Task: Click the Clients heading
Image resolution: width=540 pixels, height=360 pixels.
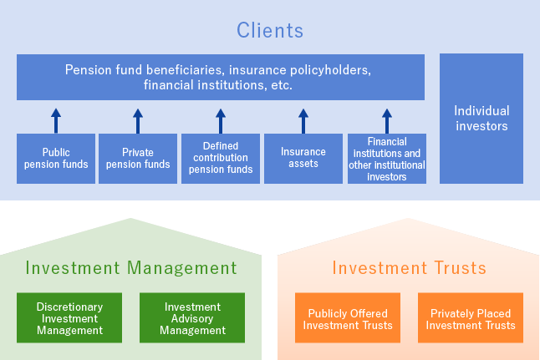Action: [x=269, y=31]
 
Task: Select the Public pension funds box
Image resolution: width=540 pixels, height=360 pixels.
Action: [x=56, y=159]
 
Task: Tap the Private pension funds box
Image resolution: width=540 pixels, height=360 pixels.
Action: [x=138, y=159]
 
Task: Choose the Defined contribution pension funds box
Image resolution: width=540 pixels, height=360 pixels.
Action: [x=220, y=159]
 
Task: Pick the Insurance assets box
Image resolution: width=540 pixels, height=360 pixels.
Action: [x=303, y=159]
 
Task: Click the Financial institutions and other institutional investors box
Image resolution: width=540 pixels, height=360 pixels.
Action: [x=386, y=159]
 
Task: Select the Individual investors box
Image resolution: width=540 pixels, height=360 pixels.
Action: [x=481, y=119]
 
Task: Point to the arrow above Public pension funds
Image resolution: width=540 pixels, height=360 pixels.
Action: [x=56, y=120]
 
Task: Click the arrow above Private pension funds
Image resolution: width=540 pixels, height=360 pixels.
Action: [x=138, y=120]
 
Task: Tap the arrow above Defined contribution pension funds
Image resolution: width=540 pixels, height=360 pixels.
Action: [x=220, y=120]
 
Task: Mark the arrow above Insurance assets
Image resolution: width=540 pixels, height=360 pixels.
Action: [x=303, y=120]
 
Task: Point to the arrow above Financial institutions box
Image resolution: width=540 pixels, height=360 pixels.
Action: [x=386, y=120]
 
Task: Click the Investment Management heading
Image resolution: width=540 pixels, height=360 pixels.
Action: [x=131, y=268]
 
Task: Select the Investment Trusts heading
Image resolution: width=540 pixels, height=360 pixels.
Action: [x=409, y=268]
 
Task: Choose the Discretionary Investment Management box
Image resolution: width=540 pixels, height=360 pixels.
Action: [x=69, y=318]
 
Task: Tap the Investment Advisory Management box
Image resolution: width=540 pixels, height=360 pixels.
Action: [x=192, y=318]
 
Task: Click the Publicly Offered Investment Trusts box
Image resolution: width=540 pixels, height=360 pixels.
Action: [x=348, y=318]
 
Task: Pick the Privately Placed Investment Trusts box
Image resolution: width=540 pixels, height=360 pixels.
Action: [x=471, y=318]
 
